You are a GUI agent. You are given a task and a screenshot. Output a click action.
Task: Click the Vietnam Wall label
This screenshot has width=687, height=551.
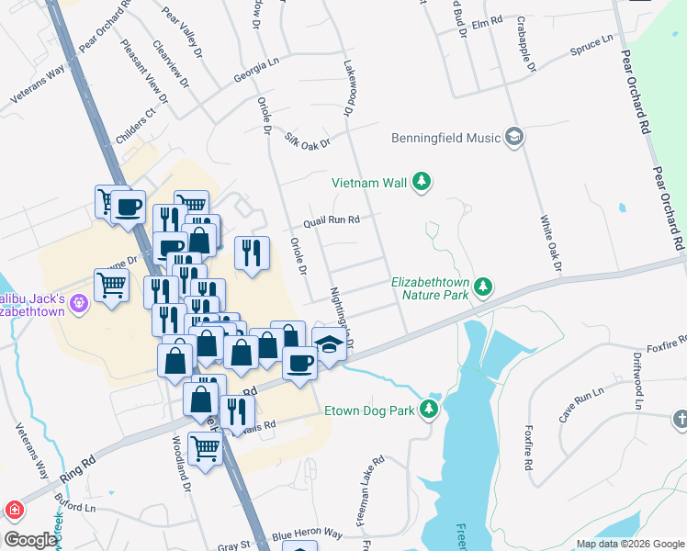[x=369, y=183]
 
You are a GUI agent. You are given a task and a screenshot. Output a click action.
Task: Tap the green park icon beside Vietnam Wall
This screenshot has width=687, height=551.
[x=422, y=182]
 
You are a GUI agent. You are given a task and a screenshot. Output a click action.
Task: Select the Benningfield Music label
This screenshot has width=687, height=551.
[x=446, y=138]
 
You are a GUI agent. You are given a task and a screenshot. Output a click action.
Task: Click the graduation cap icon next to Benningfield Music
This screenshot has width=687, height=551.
[x=514, y=138]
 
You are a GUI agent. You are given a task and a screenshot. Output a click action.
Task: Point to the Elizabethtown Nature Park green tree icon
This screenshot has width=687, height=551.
[x=482, y=288]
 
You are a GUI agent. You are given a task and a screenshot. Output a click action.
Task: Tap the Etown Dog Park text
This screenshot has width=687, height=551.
[x=370, y=410]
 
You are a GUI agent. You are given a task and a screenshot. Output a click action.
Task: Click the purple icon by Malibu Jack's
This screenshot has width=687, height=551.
[x=79, y=300]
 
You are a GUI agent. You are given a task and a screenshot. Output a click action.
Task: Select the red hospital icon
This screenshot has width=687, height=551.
[x=15, y=509]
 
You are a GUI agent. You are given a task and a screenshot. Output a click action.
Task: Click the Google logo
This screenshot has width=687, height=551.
[x=29, y=540]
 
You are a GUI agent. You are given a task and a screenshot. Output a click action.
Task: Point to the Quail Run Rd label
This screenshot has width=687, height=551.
[x=332, y=220]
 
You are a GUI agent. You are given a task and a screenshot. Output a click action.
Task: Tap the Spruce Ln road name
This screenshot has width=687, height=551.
[x=591, y=46]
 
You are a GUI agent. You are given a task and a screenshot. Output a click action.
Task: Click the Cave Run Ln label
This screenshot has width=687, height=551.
[x=581, y=405]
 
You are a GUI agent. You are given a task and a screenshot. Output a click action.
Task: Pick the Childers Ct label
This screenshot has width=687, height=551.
[x=138, y=124]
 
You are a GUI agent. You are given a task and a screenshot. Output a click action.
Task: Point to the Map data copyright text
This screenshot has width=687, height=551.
[x=629, y=544]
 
